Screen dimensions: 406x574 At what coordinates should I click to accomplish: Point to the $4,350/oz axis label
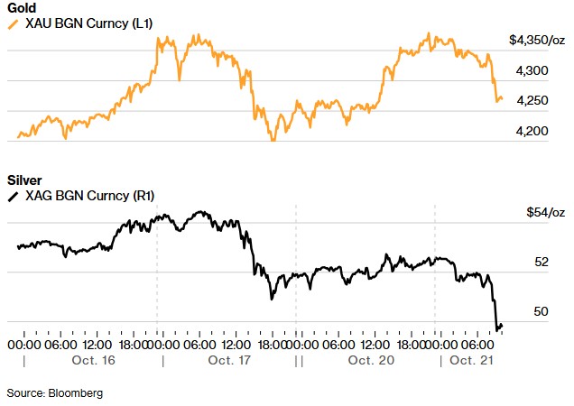(537, 40)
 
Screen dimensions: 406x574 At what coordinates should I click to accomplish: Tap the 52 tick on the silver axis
(542, 263)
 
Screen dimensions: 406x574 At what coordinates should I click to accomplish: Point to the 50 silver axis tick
(542, 312)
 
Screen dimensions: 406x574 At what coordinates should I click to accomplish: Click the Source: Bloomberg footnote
(55, 392)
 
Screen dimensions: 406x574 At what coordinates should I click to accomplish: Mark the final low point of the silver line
(495, 329)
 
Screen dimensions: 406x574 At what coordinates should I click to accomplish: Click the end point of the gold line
(502, 99)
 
